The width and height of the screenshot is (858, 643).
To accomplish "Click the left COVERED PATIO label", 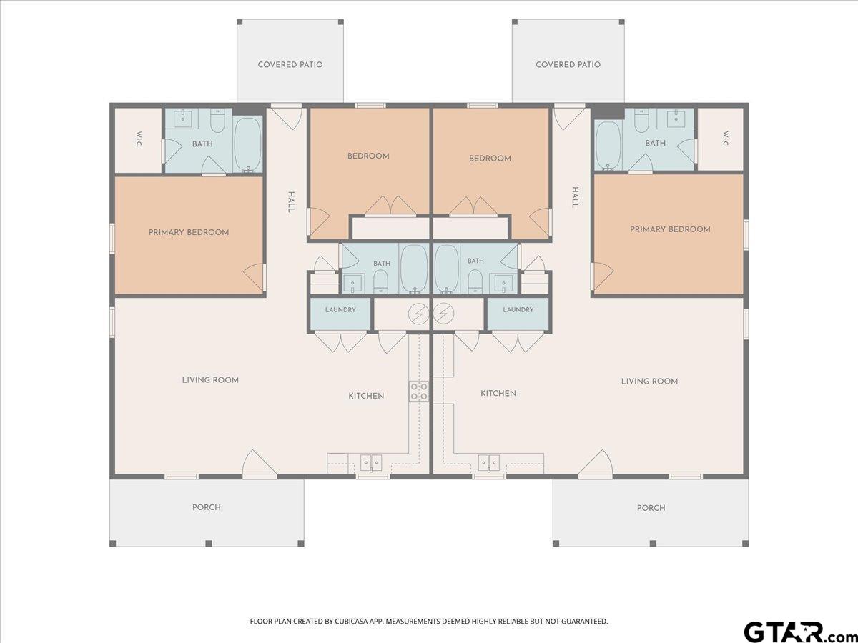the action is [x=290, y=64].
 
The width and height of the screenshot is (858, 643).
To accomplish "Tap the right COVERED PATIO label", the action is [x=568, y=64].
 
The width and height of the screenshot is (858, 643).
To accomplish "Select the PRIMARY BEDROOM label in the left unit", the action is [x=189, y=232].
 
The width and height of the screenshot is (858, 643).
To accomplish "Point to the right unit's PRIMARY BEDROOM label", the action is [x=670, y=229].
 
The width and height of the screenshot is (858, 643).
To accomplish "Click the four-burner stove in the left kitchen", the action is [x=418, y=392].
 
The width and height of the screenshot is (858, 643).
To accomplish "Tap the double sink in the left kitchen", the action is [x=370, y=463].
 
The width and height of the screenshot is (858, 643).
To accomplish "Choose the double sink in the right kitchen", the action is [x=488, y=463].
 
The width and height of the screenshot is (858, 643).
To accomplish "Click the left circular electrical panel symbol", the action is [x=419, y=314].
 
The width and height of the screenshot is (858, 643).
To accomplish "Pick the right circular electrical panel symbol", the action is [x=443, y=313].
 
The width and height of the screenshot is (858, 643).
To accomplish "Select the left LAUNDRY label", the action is [x=340, y=309].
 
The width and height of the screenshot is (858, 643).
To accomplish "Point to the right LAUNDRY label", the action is [x=518, y=309].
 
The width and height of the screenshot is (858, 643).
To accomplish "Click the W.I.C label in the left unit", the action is [x=139, y=139].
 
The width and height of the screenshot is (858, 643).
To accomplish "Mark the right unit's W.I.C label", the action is [x=726, y=139].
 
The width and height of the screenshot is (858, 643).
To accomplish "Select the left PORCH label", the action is [x=207, y=507].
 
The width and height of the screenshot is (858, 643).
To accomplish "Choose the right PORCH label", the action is [x=651, y=508].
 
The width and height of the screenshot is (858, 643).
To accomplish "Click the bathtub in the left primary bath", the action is [x=248, y=145].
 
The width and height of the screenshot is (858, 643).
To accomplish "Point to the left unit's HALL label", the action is [x=291, y=202].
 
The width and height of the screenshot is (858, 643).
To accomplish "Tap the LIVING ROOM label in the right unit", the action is [x=649, y=381].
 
